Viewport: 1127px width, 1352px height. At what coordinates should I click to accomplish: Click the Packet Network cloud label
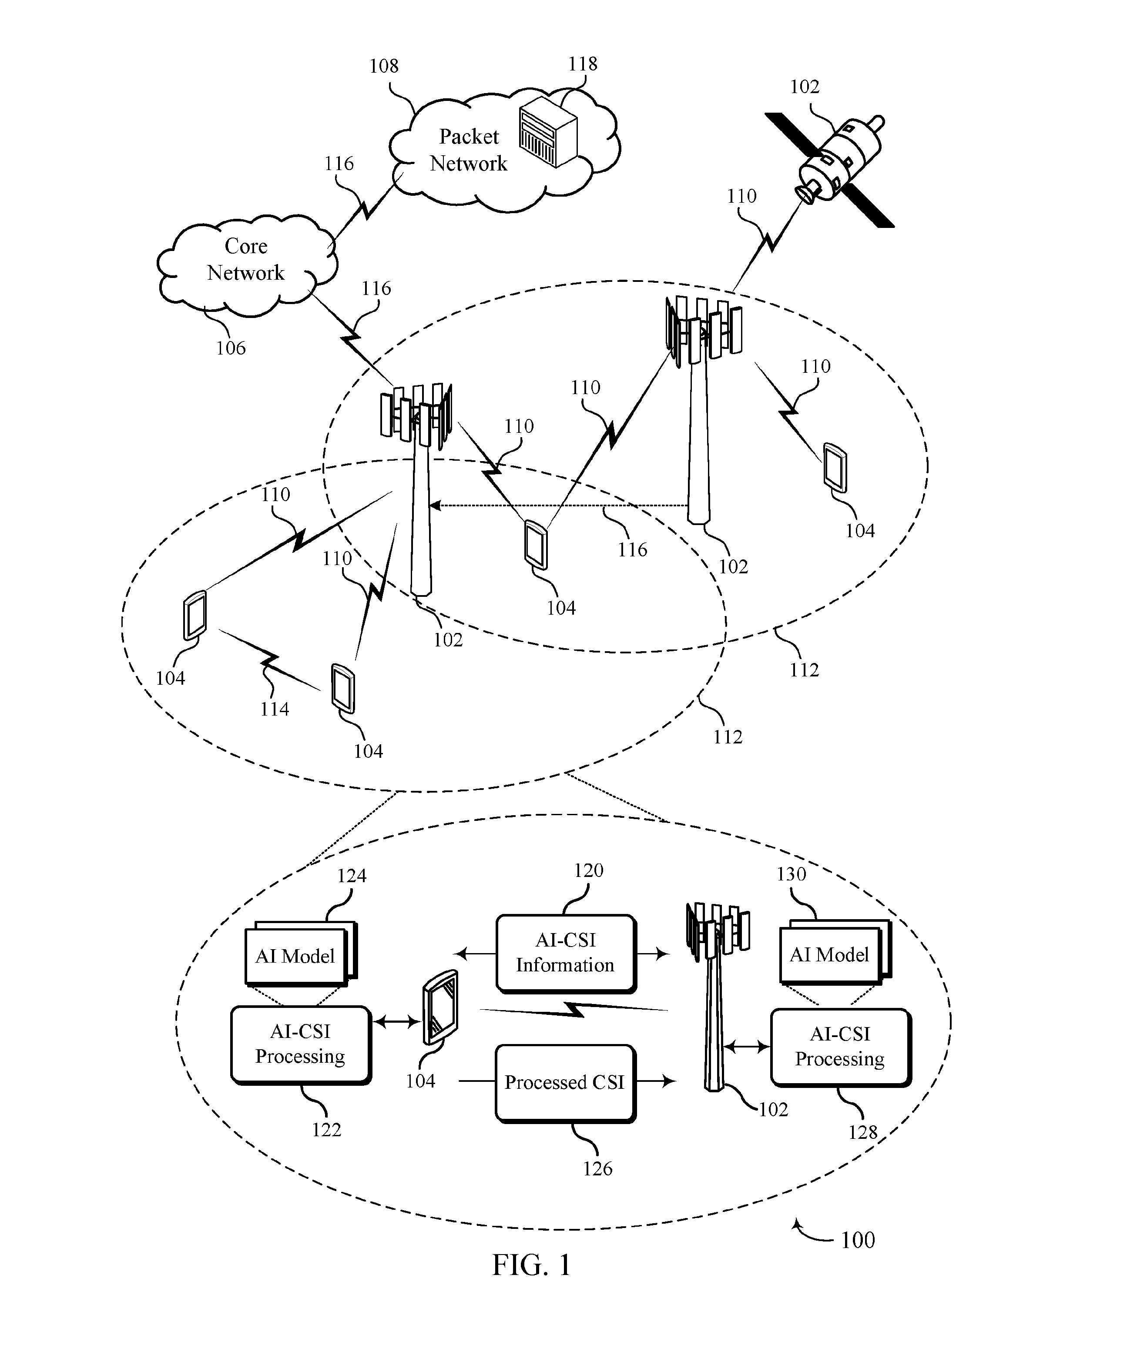click(468, 150)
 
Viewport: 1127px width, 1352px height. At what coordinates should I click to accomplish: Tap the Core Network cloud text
click(245, 259)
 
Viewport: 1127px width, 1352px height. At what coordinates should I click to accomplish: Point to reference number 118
click(582, 64)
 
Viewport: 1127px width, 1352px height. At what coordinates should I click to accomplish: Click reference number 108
click(384, 66)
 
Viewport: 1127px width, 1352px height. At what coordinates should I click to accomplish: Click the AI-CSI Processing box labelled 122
click(301, 1045)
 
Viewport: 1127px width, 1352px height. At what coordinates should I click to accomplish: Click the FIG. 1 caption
click(531, 1265)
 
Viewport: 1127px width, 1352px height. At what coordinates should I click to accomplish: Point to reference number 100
click(858, 1239)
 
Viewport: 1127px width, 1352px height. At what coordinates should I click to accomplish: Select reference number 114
click(274, 709)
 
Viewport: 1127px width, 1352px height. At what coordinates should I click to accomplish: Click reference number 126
click(597, 1168)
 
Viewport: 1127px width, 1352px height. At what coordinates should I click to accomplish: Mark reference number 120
click(589, 870)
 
